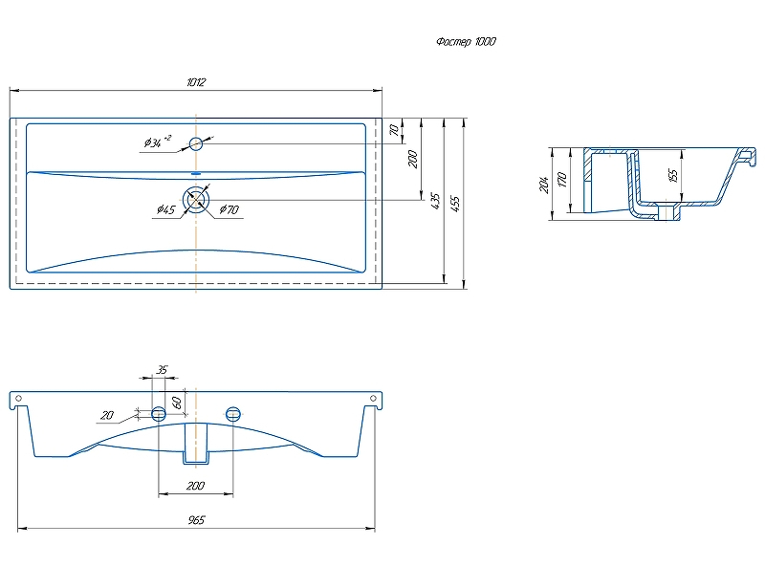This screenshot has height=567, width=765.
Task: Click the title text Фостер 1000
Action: click(x=466, y=42)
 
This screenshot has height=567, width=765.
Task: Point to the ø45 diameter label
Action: click(x=164, y=210)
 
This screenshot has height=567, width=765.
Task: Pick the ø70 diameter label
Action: click(x=229, y=210)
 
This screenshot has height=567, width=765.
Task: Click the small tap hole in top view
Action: click(x=196, y=144)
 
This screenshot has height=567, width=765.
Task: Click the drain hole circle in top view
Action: click(x=197, y=200)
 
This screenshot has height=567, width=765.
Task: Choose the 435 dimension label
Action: click(x=436, y=202)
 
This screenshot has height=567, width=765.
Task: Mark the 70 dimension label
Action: click(x=393, y=130)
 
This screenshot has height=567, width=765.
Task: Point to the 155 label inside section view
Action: click(x=673, y=175)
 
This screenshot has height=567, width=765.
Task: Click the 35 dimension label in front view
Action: click(x=162, y=370)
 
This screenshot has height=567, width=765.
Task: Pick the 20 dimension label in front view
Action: click(x=107, y=416)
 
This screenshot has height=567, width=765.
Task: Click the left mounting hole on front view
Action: click(x=159, y=413)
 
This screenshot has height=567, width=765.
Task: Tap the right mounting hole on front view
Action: click(x=232, y=413)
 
